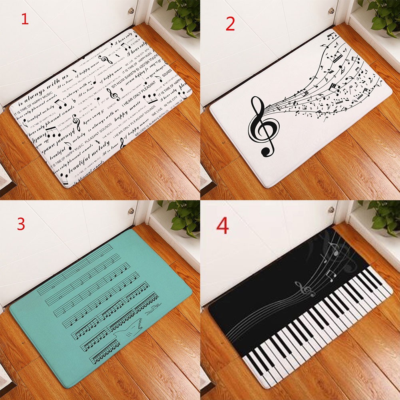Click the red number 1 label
[25, 19]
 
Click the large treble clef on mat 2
[262, 126]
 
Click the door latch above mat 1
[130, 10]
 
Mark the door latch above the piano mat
[331, 209]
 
